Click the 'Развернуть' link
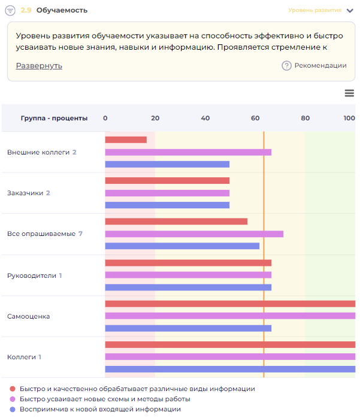[39, 66]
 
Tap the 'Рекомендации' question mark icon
[286, 66]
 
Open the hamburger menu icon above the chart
[350, 93]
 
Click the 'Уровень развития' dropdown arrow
[350, 10]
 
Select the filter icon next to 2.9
[10, 10]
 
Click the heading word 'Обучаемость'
[62, 10]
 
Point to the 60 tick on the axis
[255, 118]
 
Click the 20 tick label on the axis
[155, 118]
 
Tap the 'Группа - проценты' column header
[54, 118]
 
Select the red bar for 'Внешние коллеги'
[126, 140]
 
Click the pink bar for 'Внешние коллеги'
[188, 152]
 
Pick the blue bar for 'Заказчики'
[167, 205]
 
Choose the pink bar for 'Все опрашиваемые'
[194, 234]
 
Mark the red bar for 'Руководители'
[188, 263]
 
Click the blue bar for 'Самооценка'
[188, 328]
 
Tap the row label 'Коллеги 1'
[24, 357]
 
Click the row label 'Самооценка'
[28, 316]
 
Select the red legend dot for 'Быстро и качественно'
[13, 389]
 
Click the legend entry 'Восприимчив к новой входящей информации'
[100, 409]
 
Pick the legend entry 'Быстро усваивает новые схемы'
[105, 399]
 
